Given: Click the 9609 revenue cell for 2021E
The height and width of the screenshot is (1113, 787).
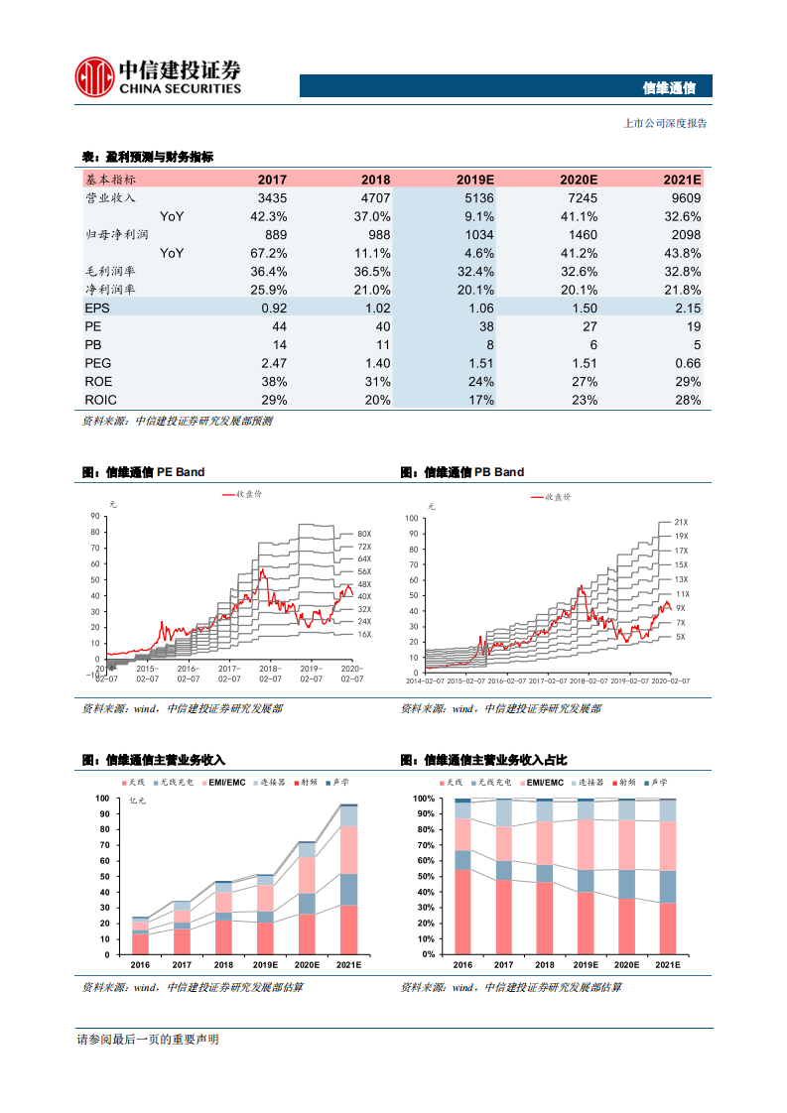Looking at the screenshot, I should click(x=682, y=198).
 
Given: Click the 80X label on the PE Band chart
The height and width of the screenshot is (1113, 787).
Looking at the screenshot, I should click(x=363, y=534).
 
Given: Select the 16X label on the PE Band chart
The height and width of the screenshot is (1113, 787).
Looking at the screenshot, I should click(x=363, y=634).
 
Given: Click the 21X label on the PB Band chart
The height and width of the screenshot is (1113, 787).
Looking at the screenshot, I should click(x=680, y=522).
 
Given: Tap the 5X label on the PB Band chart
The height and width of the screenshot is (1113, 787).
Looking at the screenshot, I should click(x=680, y=636).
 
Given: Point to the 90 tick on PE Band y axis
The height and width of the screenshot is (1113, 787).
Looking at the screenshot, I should click(x=94, y=516).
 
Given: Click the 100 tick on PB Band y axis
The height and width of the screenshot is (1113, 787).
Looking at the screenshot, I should click(x=412, y=519).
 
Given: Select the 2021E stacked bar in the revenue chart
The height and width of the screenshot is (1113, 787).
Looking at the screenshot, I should click(x=348, y=879).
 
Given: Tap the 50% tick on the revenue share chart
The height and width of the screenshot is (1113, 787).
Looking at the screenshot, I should click(x=424, y=876).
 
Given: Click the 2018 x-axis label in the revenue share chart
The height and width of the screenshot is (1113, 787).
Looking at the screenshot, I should click(x=544, y=964).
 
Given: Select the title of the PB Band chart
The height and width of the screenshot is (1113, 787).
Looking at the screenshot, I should click(x=462, y=472).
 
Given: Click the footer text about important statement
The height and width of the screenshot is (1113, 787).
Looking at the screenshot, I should click(x=148, y=1040).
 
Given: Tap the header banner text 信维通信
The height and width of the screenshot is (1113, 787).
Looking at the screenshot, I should click(x=670, y=87).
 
